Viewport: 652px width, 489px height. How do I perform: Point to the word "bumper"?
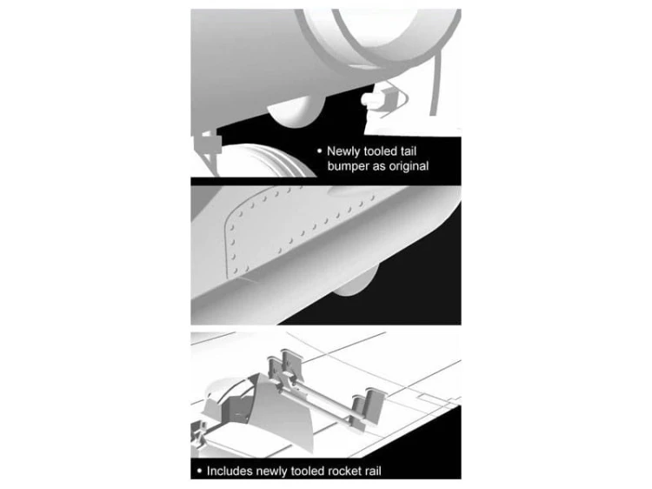coord(348,166)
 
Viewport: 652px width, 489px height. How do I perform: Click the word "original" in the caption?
coord(409,166)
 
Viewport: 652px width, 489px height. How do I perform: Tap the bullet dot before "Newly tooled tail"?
coord(319,151)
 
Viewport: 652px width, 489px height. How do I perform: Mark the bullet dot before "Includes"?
coord(200,471)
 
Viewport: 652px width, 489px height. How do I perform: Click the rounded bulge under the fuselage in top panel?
coord(296,111)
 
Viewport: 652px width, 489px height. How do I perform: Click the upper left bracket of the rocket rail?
coord(287,366)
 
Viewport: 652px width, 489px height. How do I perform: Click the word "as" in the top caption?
coord(379,166)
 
